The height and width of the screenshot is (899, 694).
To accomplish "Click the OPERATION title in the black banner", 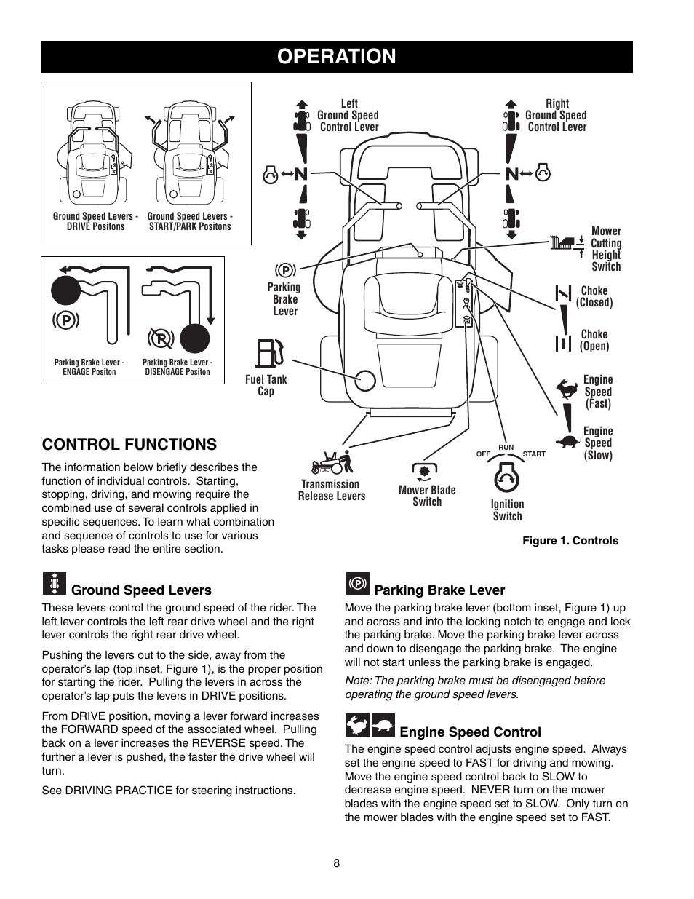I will coord(336,56).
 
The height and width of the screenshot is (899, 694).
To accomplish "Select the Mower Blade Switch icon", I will coord(426,470).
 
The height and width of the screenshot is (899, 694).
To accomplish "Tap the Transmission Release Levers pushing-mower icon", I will coord(331,462).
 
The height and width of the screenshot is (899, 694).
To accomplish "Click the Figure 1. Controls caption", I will coord(570,540).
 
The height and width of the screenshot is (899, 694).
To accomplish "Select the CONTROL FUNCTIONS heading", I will coord(129,444).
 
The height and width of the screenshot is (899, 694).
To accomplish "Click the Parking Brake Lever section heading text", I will coord(439,590).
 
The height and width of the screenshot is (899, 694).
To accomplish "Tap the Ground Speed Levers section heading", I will coord(141,590).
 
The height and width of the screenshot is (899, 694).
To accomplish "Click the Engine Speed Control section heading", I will coord(470,732).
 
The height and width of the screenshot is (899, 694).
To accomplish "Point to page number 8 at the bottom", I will coord(336,863).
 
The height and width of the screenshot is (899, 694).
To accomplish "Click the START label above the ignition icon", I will coord(533,454).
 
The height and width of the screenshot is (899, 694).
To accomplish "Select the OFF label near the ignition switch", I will coord(483,454).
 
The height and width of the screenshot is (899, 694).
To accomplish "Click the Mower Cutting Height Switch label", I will coord(605,249).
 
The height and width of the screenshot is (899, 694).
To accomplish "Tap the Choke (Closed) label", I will coord(594,296).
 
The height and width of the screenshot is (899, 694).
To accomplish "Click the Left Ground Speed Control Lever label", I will coord(348,115).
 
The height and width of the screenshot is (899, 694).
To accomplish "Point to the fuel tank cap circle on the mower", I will coord(364,379).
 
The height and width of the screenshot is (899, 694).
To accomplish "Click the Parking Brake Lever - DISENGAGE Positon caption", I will coord(177,367).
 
